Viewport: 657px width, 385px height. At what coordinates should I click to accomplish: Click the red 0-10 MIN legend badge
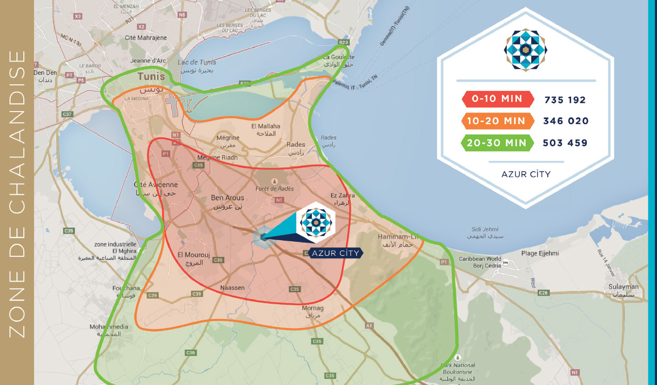[x=497, y=99]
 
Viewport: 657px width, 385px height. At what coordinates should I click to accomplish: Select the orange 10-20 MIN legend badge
[x=497, y=121]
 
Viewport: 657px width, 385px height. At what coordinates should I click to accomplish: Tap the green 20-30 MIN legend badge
[x=497, y=143]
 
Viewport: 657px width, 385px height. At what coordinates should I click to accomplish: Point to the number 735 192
[x=565, y=100]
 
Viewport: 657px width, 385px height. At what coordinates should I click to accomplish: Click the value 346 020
[x=566, y=121]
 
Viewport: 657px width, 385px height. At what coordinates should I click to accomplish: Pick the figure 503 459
[x=565, y=143]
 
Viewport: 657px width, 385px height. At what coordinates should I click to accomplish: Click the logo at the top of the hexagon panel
[x=526, y=49]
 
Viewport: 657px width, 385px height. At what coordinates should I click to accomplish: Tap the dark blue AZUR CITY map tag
[x=336, y=253]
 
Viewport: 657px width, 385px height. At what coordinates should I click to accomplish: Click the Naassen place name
[x=232, y=288]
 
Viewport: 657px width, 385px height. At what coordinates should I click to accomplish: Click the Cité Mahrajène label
[x=146, y=38]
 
